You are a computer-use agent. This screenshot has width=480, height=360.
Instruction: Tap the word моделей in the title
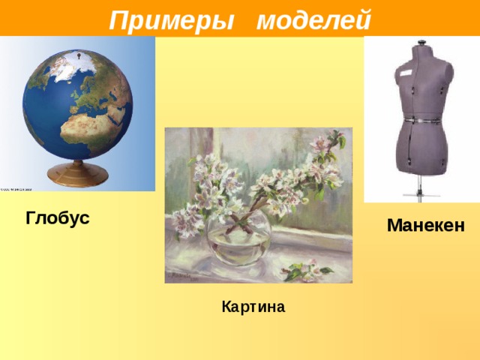(x=313, y=18)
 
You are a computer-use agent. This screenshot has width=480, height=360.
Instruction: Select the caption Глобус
(x=57, y=218)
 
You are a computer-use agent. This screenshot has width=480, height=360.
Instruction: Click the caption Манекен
(x=425, y=225)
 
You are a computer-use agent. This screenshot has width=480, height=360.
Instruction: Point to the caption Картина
(x=253, y=307)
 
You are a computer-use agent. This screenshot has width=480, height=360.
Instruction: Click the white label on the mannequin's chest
(x=406, y=73)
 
